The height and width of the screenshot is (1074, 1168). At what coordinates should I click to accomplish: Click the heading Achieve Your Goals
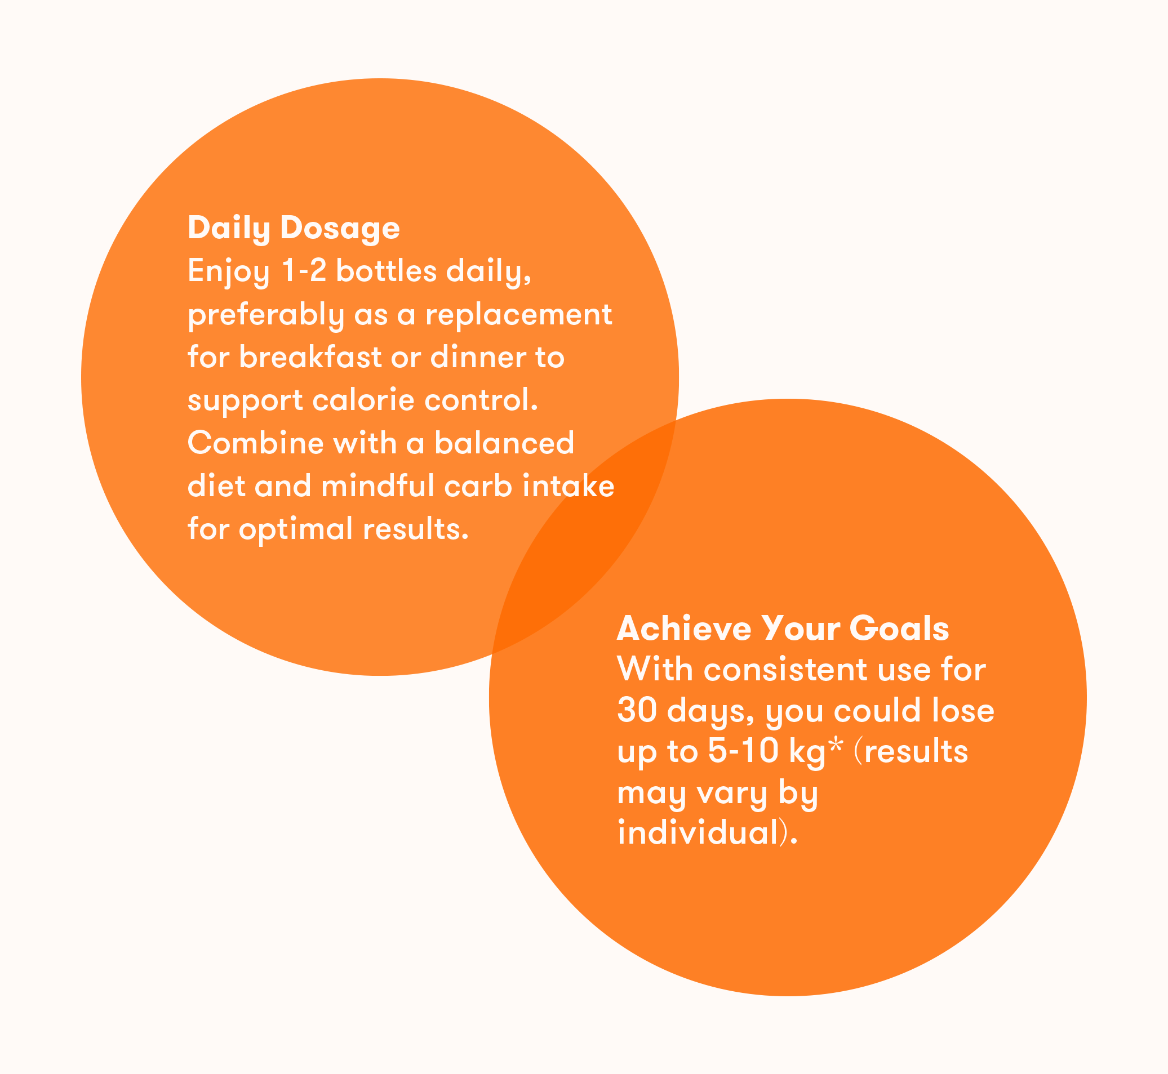(x=783, y=629)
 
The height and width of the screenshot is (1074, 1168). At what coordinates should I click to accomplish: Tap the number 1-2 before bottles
(x=304, y=271)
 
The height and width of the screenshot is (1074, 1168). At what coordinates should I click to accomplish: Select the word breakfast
(x=310, y=357)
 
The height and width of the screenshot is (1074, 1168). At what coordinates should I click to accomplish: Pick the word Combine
(x=255, y=443)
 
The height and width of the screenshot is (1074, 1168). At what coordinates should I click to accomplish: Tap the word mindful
(x=378, y=486)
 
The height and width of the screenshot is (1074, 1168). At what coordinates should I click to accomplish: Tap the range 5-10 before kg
(x=743, y=751)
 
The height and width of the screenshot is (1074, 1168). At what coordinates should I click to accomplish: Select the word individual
(x=698, y=833)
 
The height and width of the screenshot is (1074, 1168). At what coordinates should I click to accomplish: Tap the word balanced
(x=504, y=443)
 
